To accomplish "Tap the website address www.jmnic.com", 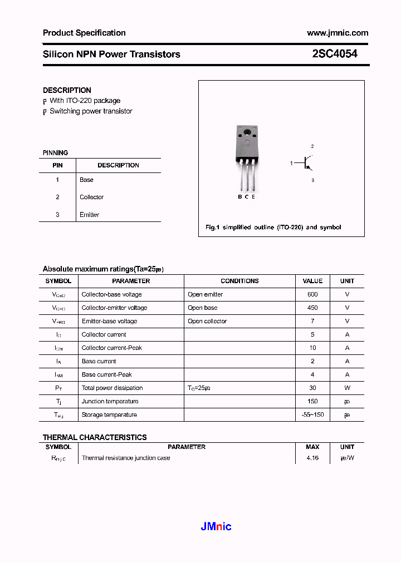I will click(338, 33).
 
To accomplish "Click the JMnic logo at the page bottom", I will click(216, 526).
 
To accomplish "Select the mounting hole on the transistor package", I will click(247, 132).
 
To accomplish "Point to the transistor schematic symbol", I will click(306, 162).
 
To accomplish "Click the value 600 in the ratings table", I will click(312, 294).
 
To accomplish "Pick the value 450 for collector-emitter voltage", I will click(312, 308).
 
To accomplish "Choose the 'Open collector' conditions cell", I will click(207, 321).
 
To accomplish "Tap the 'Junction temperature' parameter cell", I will click(110, 401).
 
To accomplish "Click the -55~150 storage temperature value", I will click(312, 414).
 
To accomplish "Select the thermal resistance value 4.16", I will click(312, 458).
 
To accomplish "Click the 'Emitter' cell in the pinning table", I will click(89, 215).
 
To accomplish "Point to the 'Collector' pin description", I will click(91, 197).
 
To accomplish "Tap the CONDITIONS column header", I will click(239, 281).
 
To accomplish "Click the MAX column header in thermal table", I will click(312, 447).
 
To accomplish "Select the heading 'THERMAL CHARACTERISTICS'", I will click(95, 437).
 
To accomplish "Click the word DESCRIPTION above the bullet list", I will click(67, 90).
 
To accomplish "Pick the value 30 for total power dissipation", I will click(312, 388).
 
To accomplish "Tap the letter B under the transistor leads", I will click(239, 197).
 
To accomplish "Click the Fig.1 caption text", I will click(273, 227).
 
